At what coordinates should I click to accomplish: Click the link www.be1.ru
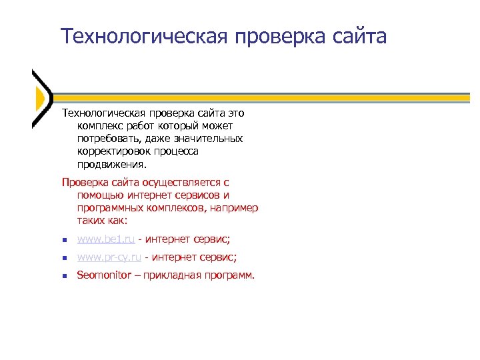(x=106, y=239)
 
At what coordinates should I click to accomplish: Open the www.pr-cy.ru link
(x=109, y=257)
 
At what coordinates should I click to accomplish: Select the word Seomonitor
(x=103, y=275)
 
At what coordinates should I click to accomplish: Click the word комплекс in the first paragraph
(x=100, y=126)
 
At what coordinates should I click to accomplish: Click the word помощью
(x=99, y=195)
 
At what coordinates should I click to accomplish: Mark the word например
(x=234, y=207)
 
